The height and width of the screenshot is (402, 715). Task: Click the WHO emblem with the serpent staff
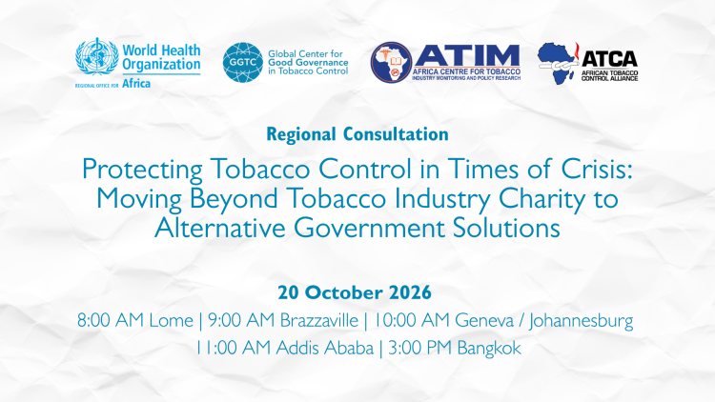click(x=97, y=56)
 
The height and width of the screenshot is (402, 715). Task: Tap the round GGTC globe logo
click(x=243, y=63)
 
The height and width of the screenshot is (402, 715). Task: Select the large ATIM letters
click(x=466, y=55)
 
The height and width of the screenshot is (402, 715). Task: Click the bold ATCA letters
click(x=609, y=59)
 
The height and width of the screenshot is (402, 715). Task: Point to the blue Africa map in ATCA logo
click(x=558, y=63)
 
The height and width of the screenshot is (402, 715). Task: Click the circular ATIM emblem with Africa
click(x=391, y=63)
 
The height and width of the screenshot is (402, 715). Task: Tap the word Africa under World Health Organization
click(x=136, y=84)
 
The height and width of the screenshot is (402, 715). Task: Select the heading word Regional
click(x=301, y=134)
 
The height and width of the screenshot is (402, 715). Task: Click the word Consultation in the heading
click(x=396, y=134)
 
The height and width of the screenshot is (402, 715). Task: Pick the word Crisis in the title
click(x=597, y=169)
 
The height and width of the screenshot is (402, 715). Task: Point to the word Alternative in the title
click(x=220, y=228)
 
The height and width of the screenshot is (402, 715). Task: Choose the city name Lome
click(x=171, y=320)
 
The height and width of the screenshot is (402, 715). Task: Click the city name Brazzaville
click(x=319, y=320)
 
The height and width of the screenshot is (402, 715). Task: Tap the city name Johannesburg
click(x=581, y=321)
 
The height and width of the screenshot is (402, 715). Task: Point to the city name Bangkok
click(x=489, y=349)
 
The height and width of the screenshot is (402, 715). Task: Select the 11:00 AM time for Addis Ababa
click(x=234, y=349)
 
